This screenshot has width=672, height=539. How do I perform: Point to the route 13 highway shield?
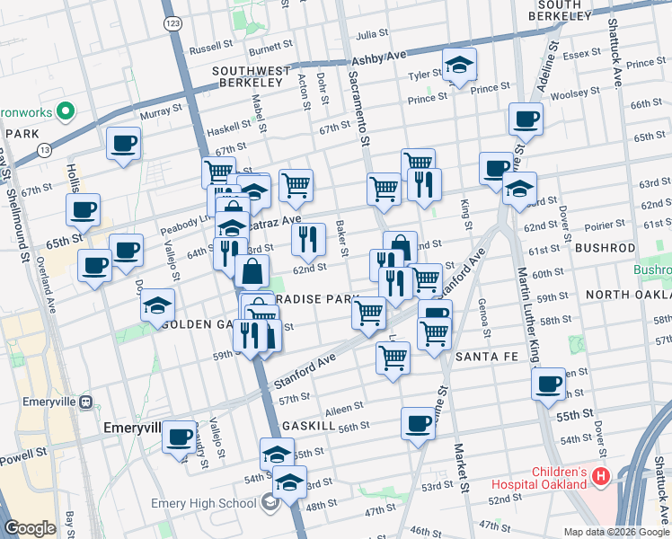tap(44, 150)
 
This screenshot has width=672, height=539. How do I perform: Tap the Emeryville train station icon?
tap(88, 402)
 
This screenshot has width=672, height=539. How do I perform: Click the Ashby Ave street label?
tap(372, 57)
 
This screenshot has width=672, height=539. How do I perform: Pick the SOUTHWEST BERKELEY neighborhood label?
tap(252, 77)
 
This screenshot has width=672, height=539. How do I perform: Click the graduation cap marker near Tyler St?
tap(459, 66)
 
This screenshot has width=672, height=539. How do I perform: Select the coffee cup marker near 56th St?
tap(418, 424)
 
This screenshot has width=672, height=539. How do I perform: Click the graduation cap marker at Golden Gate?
tap(157, 305)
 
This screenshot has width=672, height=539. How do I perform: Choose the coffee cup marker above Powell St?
tap(178, 436)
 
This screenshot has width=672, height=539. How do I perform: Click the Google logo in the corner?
tap(31, 529)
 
